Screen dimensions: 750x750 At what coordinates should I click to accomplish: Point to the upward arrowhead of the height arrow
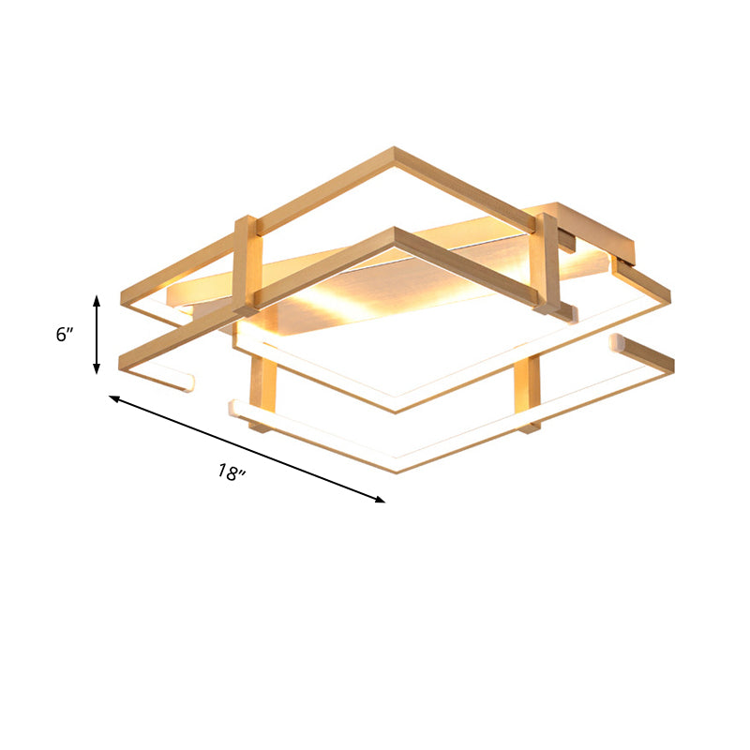click(97, 298)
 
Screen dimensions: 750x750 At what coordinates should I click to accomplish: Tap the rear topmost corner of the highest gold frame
click(395, 150)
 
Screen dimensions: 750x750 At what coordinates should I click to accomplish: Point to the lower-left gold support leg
click(262, 394)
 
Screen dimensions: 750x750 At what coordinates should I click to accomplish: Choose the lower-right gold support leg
click(528, 394)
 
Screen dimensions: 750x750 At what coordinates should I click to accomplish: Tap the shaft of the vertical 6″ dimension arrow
click(97, 334)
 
